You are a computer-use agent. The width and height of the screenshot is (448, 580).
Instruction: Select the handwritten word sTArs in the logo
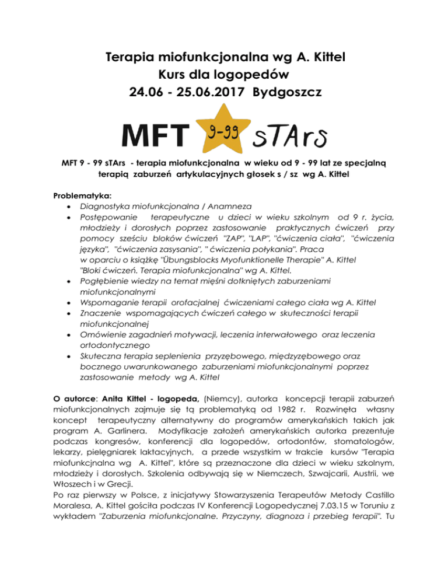(290, 139)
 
